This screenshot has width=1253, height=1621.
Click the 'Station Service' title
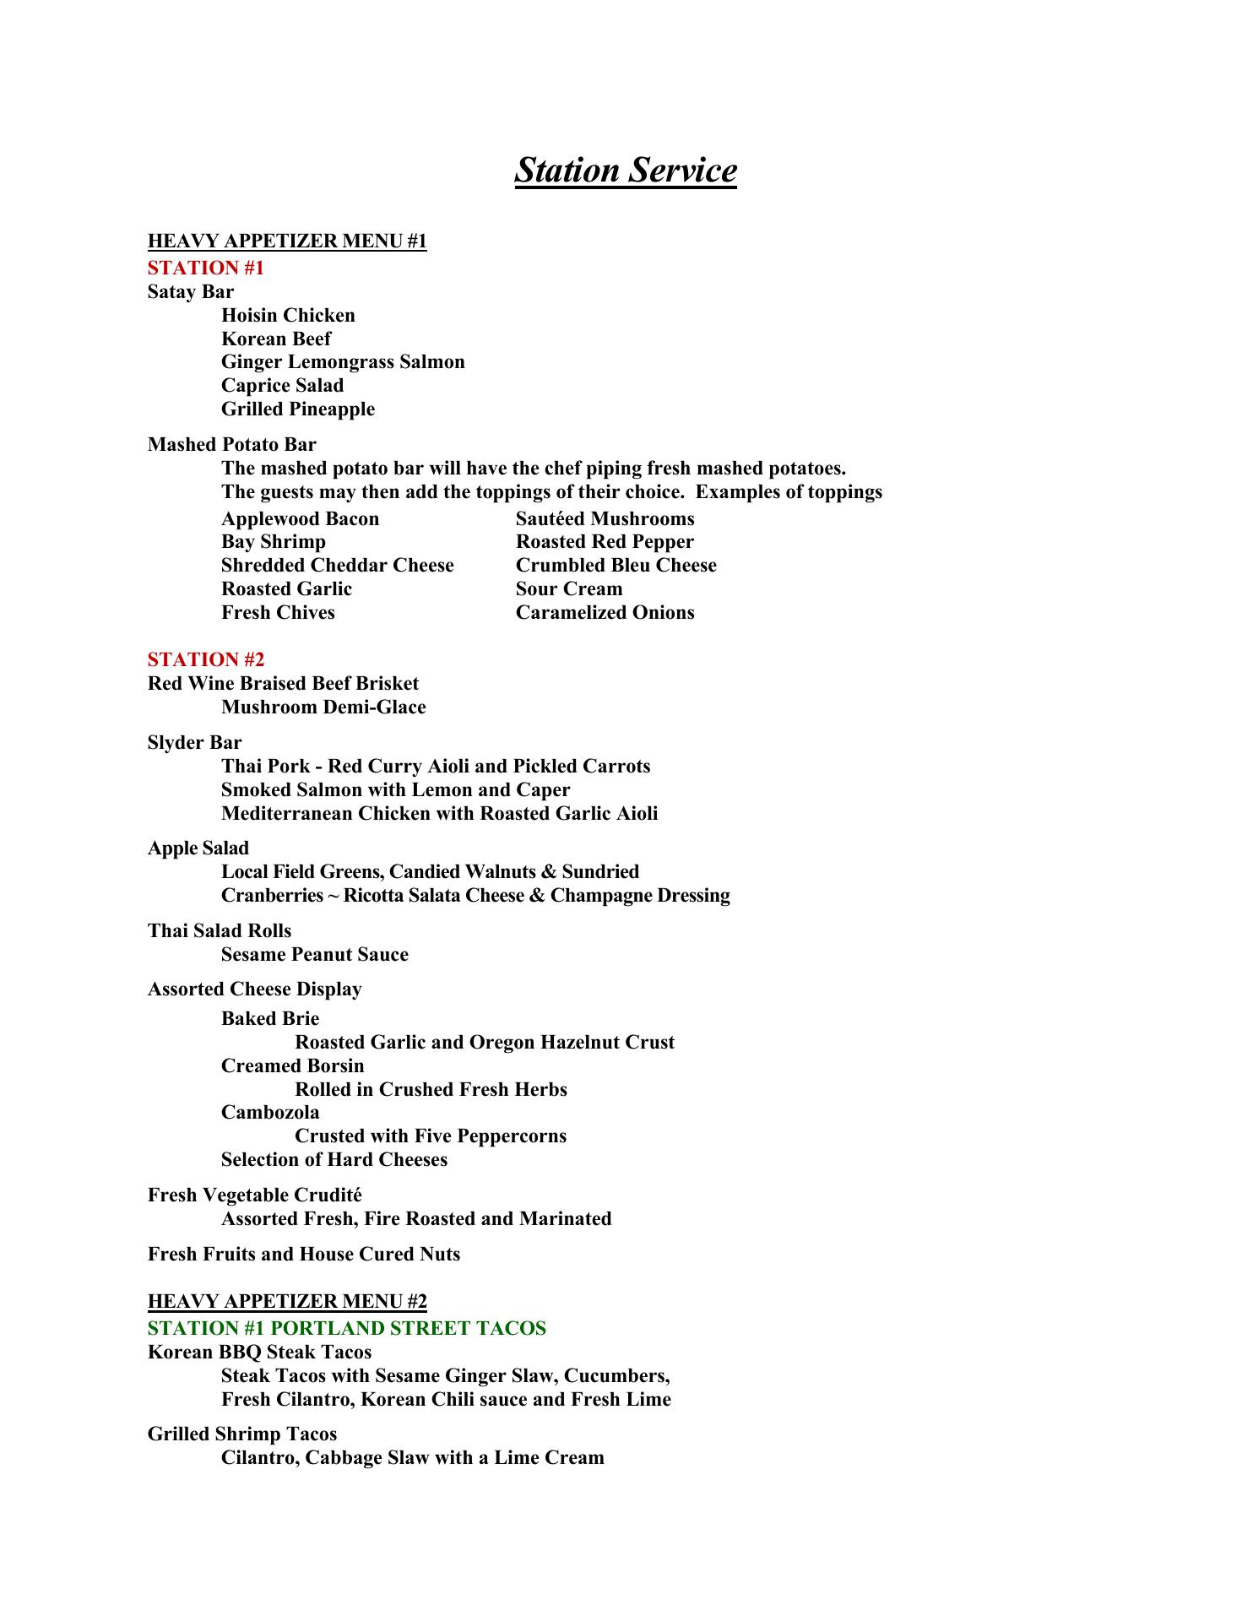click(x=625, y=171)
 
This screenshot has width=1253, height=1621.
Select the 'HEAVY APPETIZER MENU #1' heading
click(x=287, y=241)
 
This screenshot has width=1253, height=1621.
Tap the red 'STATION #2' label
click(x=206, y=659)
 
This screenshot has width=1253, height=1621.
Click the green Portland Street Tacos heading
click(x=346, y=1328)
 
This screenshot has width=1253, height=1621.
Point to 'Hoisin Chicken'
click(x=288, y=316)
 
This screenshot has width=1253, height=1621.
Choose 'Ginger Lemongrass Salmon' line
click(x=343, y=362)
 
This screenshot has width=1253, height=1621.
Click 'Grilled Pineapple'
click(x=298, y=409)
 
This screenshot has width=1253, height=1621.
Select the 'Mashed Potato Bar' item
click(x=232, y=445)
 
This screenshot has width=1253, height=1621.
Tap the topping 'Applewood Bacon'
click(x=300, y=519)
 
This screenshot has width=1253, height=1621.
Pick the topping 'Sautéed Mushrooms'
click(x=605, y=519)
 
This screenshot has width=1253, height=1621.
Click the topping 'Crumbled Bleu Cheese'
click(x=616, y=566)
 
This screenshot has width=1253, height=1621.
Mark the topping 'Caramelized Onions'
click(x=605, y=613)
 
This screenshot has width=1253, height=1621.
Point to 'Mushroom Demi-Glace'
click(x=323, y=707)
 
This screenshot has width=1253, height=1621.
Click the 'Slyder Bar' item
click(x=194, y=743)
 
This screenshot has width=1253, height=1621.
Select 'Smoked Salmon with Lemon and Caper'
click(x=395, y=790)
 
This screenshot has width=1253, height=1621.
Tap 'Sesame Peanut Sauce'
click(x=314, y=955)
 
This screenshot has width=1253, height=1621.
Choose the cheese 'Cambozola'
click(x=270, y=1113)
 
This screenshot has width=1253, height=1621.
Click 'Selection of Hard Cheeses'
click(x=334, y=1160)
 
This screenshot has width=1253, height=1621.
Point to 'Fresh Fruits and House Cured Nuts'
click(x=304, y=1255)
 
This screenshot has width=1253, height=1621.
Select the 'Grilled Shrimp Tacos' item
click(x=242, y=1434)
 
